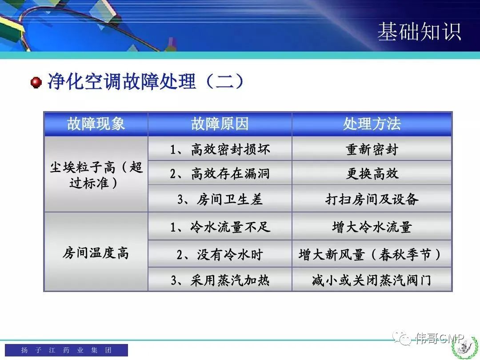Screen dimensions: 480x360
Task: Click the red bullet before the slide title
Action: [x=36, y=83]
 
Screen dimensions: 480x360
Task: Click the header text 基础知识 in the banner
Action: [x=420, y=32]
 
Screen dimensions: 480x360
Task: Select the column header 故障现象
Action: [x=96, y=124]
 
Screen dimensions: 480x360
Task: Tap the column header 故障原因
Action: [x=220, y=124]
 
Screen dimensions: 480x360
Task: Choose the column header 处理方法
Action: [x=372, y=124]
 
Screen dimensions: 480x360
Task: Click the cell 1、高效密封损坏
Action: [x=220, y=149]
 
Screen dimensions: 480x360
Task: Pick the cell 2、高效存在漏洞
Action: [x=220, y=174]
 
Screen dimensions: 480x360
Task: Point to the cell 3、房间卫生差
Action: [x=220, y=199]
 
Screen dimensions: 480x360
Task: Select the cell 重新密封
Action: [x=372, y=149]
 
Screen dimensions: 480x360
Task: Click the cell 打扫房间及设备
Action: [x=372, y=199]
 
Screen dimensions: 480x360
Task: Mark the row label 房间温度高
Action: [x=96, y=253]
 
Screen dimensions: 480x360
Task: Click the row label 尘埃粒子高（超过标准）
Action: [x=96, y=175]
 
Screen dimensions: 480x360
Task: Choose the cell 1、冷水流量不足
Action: [x=220, y=227]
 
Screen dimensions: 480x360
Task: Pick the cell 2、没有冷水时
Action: [x=220, y=254]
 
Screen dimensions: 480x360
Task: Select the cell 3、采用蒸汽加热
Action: [x=220, y=280]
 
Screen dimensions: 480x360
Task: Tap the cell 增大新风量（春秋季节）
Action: [x=370, y=254]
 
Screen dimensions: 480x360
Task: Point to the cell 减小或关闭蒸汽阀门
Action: [x=372, y=280]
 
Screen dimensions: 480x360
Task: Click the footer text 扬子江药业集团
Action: [x=66, y=350]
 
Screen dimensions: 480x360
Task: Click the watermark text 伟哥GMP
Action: [x=440, y=338]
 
